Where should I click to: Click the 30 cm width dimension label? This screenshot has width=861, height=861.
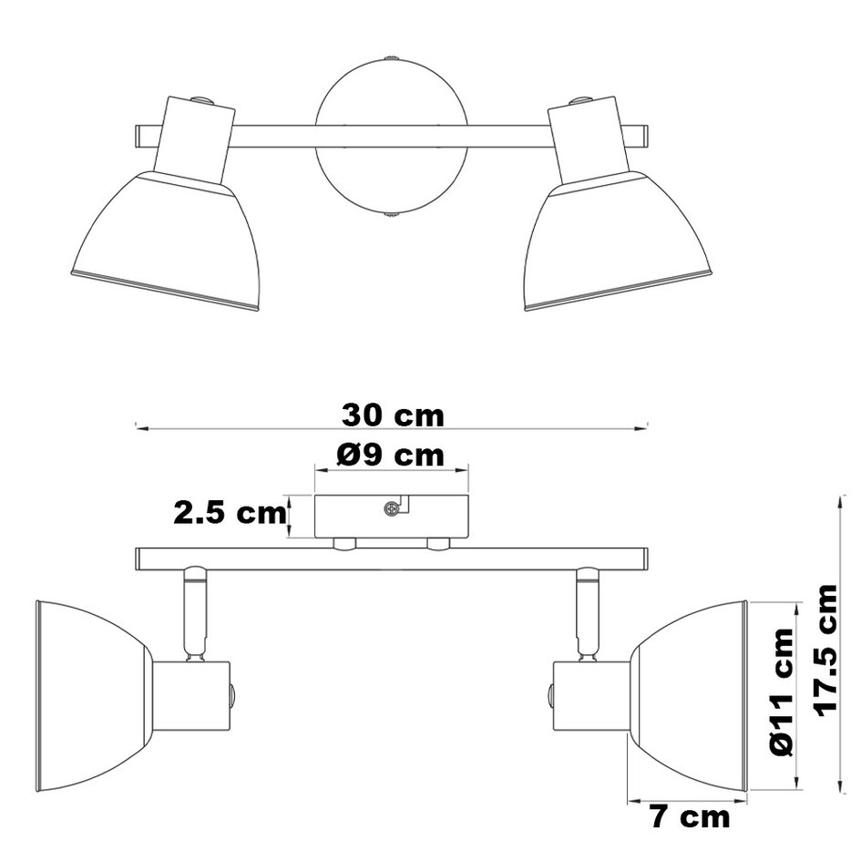coord(393,415)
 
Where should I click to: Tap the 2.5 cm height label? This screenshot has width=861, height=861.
coord(230,513)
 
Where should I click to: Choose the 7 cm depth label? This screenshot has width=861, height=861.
coord(691,817)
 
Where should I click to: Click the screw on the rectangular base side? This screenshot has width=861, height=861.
coord(393,509)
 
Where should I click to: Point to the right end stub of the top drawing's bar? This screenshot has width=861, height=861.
coord(640,136)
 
